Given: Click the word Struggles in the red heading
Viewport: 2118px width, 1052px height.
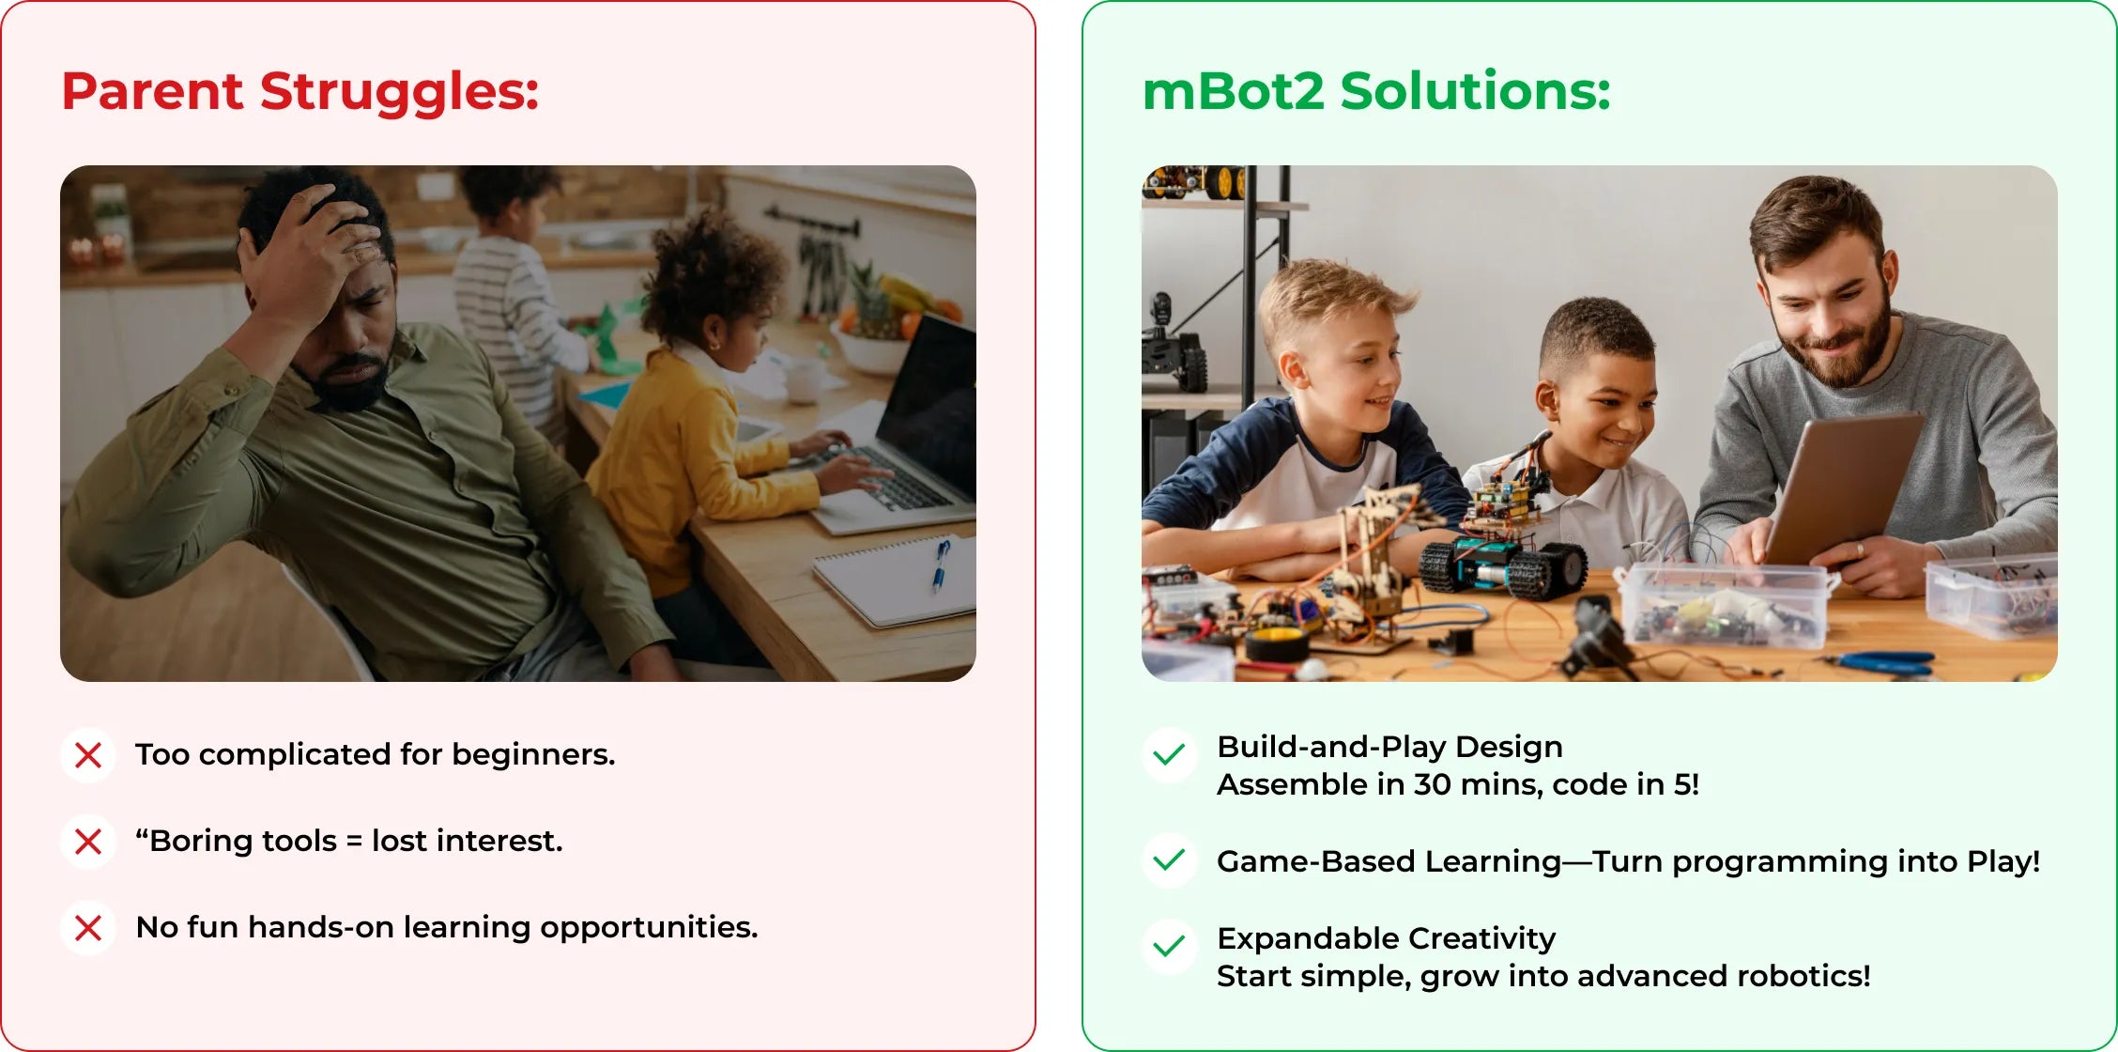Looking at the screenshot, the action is click(x=399, y=92).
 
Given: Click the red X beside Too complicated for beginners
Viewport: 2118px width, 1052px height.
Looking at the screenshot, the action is click(x=88, y=755).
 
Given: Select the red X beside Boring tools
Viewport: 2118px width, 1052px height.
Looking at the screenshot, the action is click(x=88, y=842).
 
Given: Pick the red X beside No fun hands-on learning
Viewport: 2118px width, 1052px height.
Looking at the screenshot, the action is click(x=88, y=928).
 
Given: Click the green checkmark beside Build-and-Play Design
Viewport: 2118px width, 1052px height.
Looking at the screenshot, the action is click(x=1169, y=755).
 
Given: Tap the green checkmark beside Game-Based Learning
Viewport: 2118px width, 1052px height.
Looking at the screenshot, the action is click(x=1169, y=860).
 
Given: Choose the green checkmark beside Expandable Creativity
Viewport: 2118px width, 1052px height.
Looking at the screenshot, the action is click(x=1169, y=946).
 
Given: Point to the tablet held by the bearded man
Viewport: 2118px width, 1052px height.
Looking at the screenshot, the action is click(x=1840, y=488).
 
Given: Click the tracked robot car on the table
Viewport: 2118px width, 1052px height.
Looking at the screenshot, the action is click(x=1502, y=545).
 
